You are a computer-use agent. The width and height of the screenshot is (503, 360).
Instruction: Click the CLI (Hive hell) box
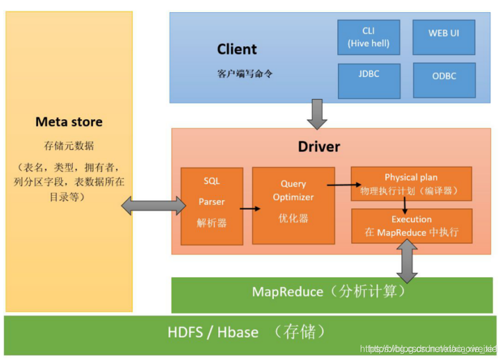coord(369,37)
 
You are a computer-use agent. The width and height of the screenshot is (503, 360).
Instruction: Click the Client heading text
coord(237,49)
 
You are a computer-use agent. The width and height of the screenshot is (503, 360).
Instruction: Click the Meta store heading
coord(69,122)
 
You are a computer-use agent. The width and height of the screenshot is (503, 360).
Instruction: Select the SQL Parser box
coord(211,206)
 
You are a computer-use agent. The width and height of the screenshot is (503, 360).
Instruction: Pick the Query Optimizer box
coord(293,205)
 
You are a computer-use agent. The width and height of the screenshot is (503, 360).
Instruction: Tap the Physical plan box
coord(411,183)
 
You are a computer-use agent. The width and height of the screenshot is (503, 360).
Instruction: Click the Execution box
coord(411,225)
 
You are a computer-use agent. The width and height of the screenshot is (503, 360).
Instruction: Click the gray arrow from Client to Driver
coord(317,114)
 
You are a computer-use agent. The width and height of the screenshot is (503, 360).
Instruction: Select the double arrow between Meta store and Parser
coord(153,205)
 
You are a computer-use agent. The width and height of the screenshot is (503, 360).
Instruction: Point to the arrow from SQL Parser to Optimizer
coord(250,208)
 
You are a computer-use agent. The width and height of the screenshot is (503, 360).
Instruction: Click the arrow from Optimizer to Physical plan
coord(343,185)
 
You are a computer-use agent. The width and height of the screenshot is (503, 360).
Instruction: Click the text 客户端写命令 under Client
coord(244,74)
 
